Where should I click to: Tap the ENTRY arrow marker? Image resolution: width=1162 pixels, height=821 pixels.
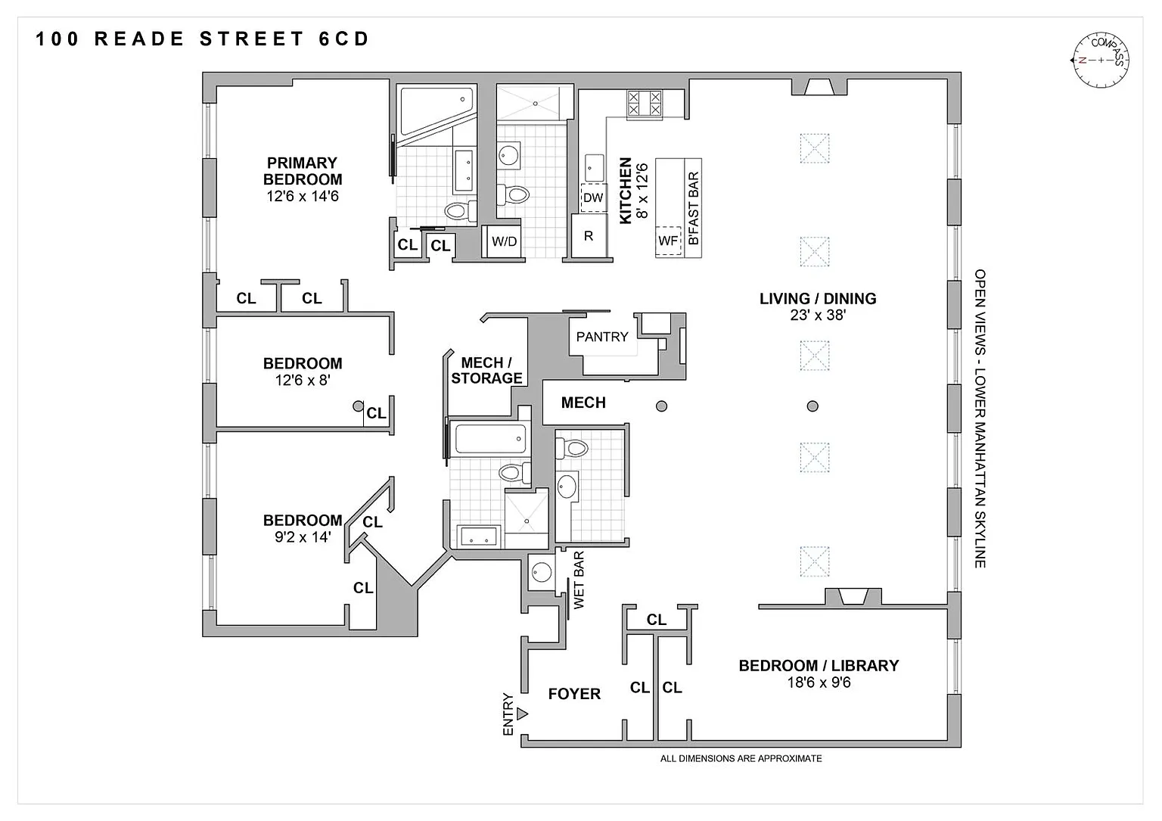[x=523, y=714]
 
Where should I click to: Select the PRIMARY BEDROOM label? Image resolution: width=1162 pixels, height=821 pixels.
[x=303, y=171]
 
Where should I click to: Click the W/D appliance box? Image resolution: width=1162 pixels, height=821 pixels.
[x=505, y=242]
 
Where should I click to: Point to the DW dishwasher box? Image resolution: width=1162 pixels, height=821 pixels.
[x=593, y=197]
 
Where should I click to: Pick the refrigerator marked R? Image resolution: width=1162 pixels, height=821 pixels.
[x=589, y=236]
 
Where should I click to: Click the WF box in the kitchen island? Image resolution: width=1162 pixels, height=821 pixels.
[x=668, y=241]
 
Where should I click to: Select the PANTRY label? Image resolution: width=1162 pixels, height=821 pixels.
[x=602, y=337]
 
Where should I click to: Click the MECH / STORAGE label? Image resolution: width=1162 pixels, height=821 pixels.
[x=486, y=371]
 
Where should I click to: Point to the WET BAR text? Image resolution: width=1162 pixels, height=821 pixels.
[x=579, y=580]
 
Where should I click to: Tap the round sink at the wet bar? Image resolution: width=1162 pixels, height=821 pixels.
[x=542, y=571]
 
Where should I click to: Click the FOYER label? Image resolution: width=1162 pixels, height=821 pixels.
[x=574, y=694]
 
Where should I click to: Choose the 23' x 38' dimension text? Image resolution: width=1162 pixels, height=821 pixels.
[x=818, y=315]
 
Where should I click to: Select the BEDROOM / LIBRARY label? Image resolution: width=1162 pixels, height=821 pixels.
[x=819, y=666]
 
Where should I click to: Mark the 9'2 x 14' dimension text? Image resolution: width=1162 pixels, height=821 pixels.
[x=303, y=537]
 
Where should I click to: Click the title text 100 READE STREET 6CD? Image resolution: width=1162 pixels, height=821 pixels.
[x=203, y=39]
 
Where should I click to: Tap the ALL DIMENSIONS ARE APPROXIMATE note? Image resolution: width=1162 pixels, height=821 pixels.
[x=741, y=758]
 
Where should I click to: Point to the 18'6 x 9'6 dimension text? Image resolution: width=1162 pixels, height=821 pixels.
[x=819, y=683]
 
